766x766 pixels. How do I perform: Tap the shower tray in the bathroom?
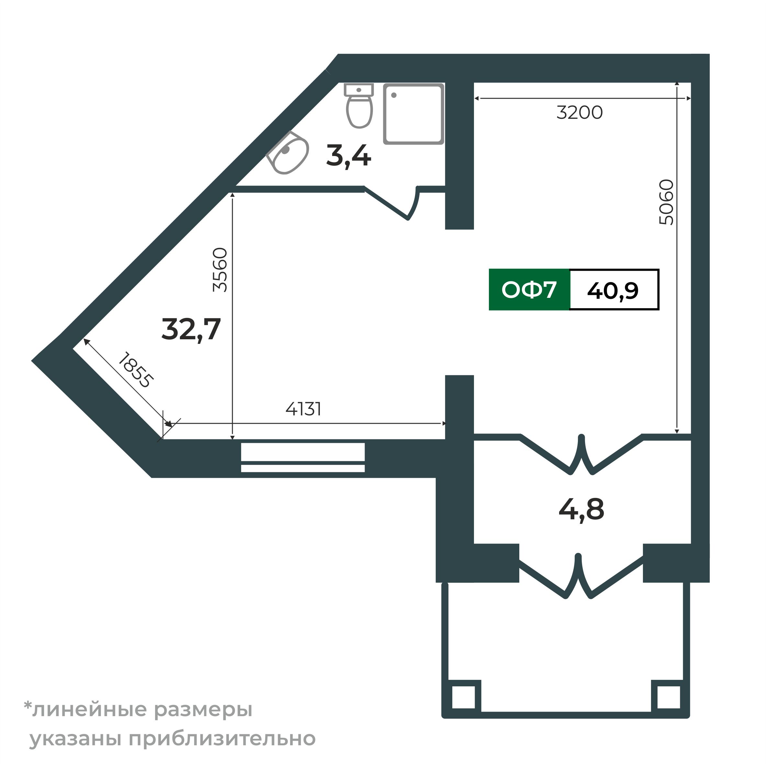coord(413,114)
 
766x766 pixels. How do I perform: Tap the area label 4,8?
coord(581,510)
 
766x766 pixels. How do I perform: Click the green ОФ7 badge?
coord(529,290)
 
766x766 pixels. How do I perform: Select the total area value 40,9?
coord(613,291)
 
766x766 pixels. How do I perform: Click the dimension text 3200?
coord(579,113)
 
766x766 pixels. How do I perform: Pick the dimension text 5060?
coord(666,202)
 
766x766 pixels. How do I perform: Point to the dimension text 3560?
coord(220,270)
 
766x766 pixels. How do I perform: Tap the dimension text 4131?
coord(303,409)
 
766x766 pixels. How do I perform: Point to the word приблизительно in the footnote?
coord(222,739)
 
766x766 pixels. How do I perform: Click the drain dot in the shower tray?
coord(394,95)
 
